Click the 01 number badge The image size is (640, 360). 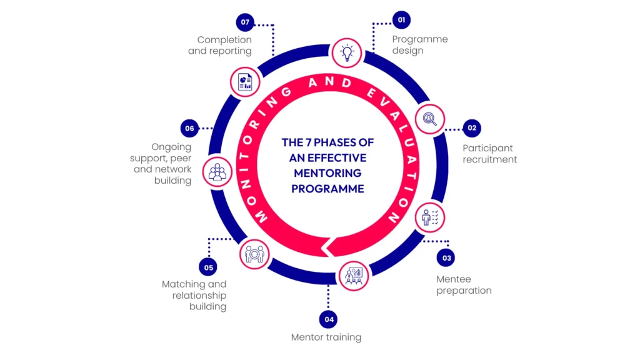(401, 20)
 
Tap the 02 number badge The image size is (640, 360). (472, 128)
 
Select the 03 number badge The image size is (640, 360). (446, 257)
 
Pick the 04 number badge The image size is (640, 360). (329, 319)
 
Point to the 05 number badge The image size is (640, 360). (208, 267)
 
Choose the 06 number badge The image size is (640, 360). (190, 129)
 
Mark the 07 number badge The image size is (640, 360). (245, 22)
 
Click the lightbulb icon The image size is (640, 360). (346, 52)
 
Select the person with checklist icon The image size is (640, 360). (431, 217)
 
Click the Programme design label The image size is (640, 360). (420, 44)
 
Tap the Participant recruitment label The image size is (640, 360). (489, 154)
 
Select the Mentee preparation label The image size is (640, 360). (464, 284)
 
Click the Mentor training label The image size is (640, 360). (326, 337)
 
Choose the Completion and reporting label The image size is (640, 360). (220, 46)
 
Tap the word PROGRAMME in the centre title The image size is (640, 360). (327, 189)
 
